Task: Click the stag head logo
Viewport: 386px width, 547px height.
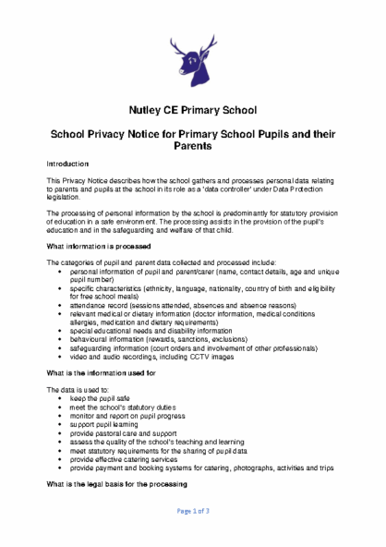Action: (192, 61)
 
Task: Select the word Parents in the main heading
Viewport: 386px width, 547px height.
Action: (192, 146)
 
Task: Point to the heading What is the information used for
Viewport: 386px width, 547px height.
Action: (101, 372)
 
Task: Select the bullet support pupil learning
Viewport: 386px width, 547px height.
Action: (103, 424)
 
